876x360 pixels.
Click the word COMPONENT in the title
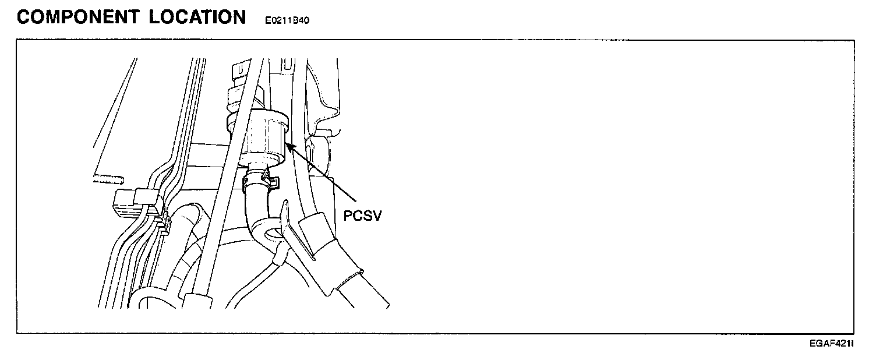click(78, 17)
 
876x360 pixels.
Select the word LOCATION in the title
click(197, 17)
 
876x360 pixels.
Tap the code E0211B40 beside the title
click(287, 21)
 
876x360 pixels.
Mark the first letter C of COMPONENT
click(25, 17)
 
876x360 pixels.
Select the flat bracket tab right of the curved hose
click(294, 230)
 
